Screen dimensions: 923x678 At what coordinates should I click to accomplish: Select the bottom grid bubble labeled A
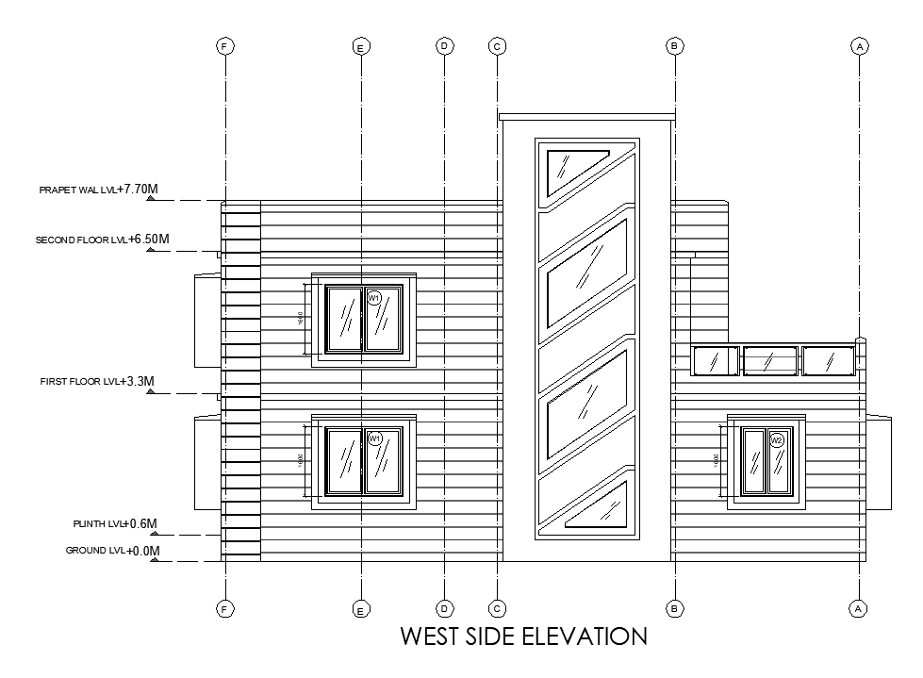click(858, 608)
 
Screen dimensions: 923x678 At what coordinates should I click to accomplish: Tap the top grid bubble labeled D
click(443, 45)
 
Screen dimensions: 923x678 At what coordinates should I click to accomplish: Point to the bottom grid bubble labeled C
click(497, 608)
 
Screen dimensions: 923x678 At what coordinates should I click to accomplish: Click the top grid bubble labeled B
click(674, 45)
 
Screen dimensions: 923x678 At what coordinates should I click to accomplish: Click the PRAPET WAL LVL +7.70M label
click(98, 190)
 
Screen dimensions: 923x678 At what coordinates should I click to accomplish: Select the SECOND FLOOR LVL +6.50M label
click(102, 240)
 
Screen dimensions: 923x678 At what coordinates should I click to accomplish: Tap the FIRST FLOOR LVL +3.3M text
click(96, 382)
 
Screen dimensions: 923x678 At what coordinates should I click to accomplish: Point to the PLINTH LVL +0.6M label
click(115, 523)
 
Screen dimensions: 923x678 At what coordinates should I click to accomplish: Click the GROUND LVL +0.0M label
click(112, 551)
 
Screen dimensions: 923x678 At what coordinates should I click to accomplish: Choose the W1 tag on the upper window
click(374, 298)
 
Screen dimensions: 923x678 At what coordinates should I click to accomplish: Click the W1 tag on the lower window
click(374, 438)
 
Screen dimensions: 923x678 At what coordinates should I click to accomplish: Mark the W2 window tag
click(777, 440)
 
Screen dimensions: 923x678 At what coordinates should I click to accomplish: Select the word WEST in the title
click(431, 637)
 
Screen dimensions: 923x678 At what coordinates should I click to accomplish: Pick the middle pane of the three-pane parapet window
click(769, 361)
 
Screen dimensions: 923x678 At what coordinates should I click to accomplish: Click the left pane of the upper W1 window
click(343, 319)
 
